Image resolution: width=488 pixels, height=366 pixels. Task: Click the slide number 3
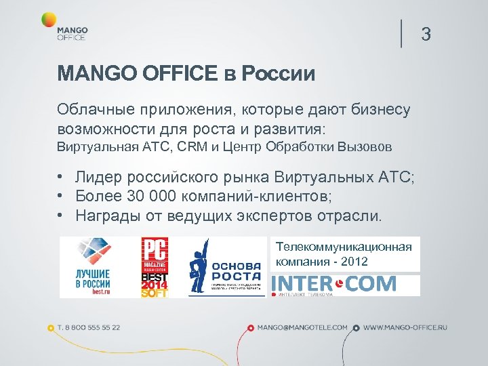point(426,33)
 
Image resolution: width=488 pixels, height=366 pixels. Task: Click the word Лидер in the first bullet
point(97,178)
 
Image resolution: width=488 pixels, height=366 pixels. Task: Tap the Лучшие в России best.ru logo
point(95,266)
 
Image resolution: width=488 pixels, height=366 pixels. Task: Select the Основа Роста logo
point(224,267)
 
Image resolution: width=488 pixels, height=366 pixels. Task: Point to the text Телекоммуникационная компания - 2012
point(344,254)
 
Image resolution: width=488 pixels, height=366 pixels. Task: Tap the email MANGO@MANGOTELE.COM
point(302,327)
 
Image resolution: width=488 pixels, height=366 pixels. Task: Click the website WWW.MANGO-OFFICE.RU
point(405,327)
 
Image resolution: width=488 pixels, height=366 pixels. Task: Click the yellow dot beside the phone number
point(51,328)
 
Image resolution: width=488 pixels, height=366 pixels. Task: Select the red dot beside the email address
point(250,328)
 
